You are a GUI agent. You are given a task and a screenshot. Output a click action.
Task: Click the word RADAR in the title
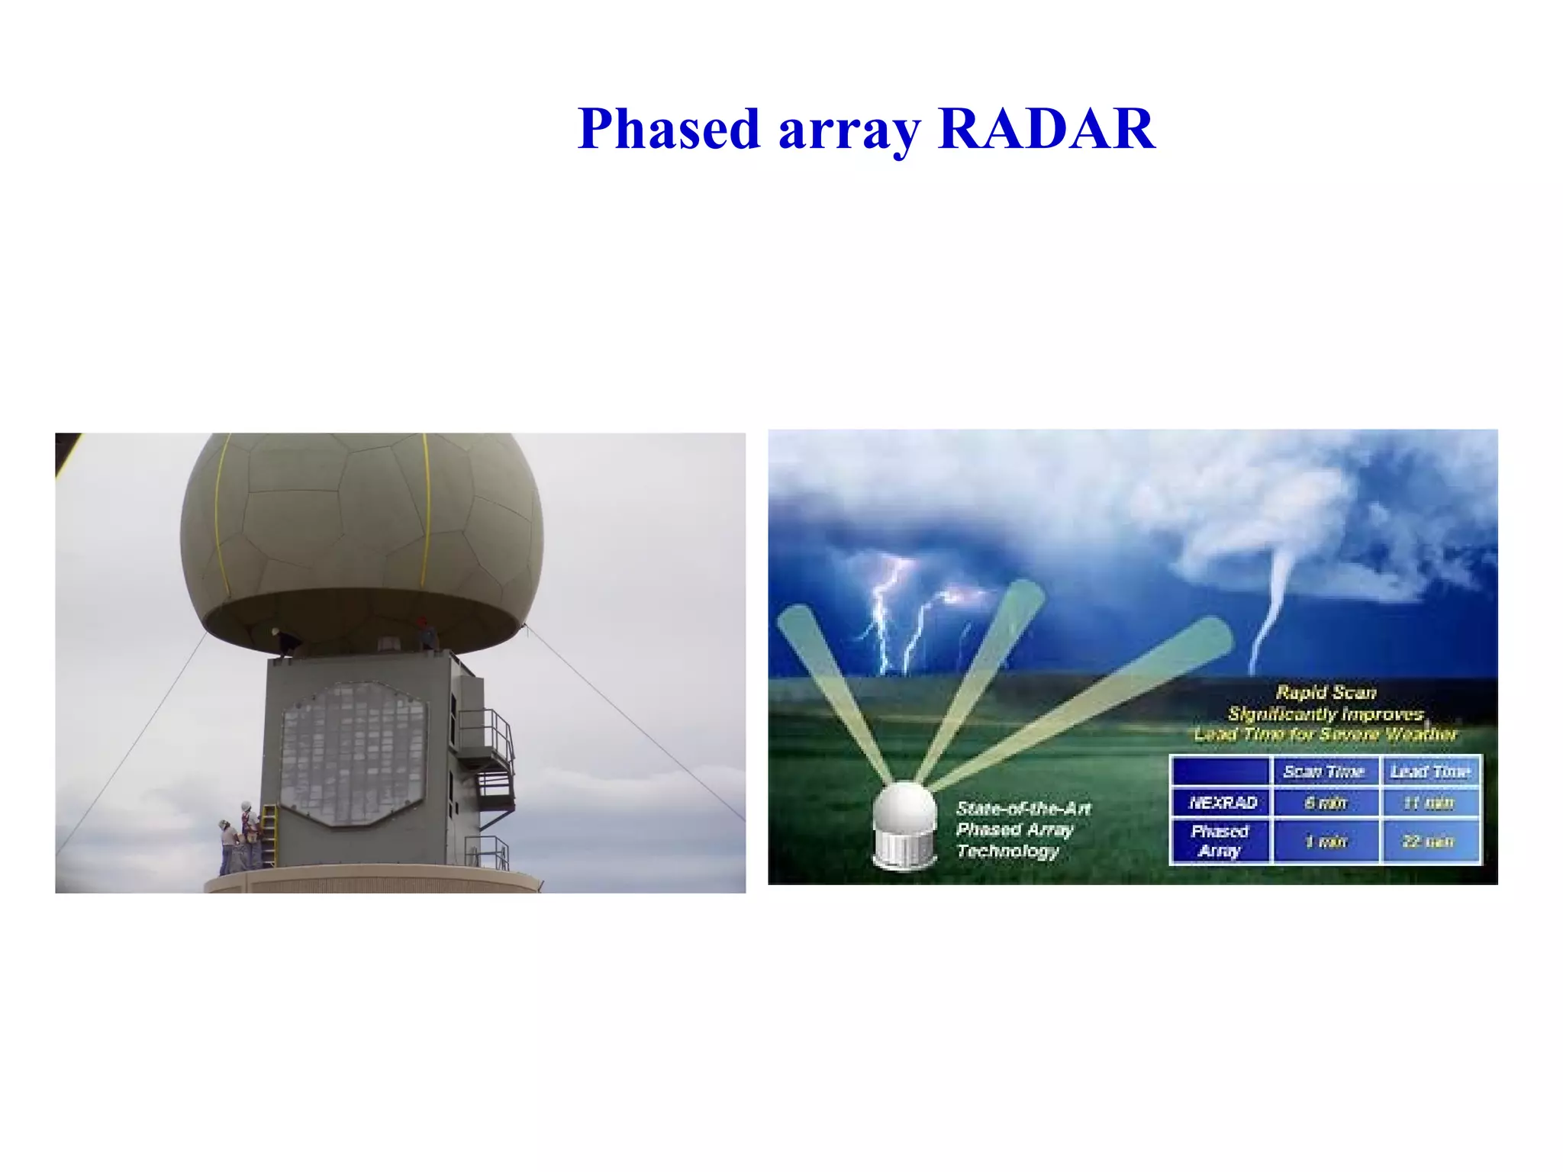pos(1046,129)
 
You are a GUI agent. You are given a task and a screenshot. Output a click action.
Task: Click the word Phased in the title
pos(669,129)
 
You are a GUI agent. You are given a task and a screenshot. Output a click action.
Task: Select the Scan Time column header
pos(1324,771)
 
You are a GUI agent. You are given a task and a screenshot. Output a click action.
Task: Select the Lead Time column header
pos(1430,771)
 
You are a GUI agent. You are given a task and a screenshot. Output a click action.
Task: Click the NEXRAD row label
pos(1222,803)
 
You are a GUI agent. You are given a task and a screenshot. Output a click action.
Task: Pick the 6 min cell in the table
pos(1326,803)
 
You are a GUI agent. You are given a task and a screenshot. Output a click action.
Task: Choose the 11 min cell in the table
pos(1430,803)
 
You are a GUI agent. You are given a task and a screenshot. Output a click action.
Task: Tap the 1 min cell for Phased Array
pos(1326,842)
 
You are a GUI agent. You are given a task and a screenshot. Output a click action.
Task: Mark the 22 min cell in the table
pos(1430,842)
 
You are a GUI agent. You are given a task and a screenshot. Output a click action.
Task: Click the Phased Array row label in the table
pos(1220,841)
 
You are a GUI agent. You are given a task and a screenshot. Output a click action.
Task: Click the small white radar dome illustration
pos(904,824)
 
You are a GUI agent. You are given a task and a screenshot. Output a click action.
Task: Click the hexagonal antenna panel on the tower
pos(353,754)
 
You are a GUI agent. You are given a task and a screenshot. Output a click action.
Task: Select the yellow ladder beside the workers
pos(268,836)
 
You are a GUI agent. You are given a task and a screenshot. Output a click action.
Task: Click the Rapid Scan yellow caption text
pos(1326,713)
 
